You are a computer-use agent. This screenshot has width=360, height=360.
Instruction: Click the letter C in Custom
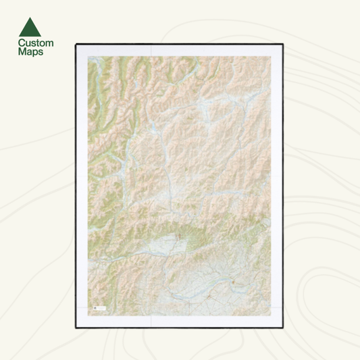coord(20,43)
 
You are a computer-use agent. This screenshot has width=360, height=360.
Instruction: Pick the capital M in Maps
coord(21,51)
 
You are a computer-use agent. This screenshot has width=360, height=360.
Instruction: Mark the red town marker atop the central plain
coord(177,237)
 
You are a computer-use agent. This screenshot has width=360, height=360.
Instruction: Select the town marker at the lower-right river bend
coord(234,281)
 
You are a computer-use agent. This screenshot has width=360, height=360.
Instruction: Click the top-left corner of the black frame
coord(76,44)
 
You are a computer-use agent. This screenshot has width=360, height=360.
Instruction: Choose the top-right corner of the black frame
coord(283,44)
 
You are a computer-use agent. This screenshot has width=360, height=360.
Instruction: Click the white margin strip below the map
coord(179,321)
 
